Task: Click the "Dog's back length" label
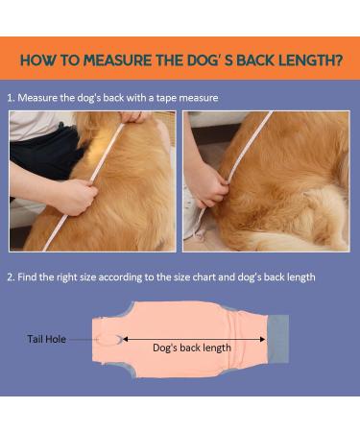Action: pyautogui.click(x=192, y=348)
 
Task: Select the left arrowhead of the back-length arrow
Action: pyautogui.click(x=126, y=338)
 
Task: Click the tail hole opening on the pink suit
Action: pyautogui.click(x=113, y=339)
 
